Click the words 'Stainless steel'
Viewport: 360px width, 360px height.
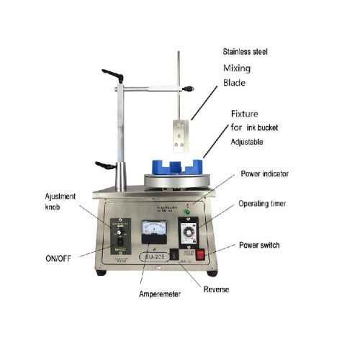(x=244, y=52)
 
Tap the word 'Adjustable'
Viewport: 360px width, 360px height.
(x=250, y=143)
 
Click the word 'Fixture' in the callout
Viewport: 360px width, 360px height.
(x=244, y=114)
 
